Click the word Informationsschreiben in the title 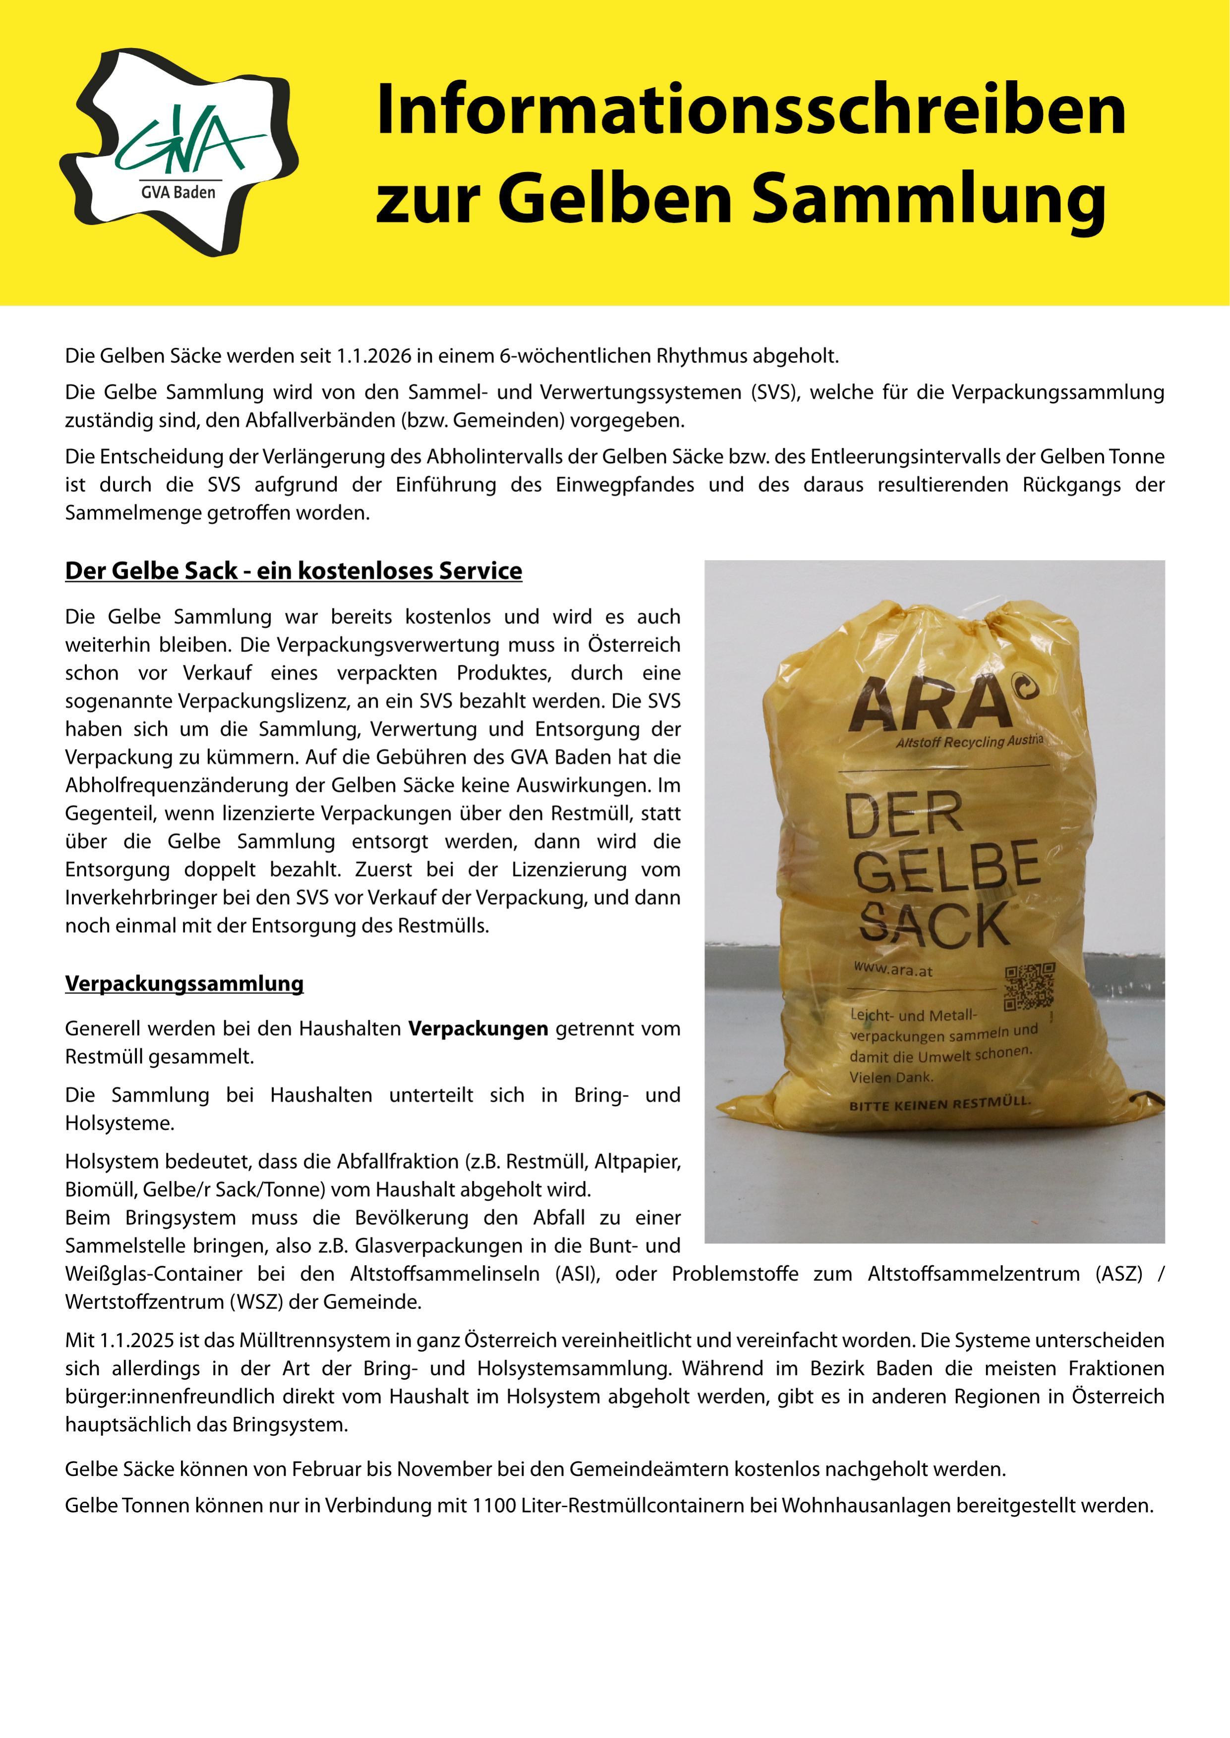(x=750, y=110)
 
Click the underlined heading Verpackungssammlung (x=184, y=983)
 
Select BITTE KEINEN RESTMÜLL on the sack (x=939, y=1104)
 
